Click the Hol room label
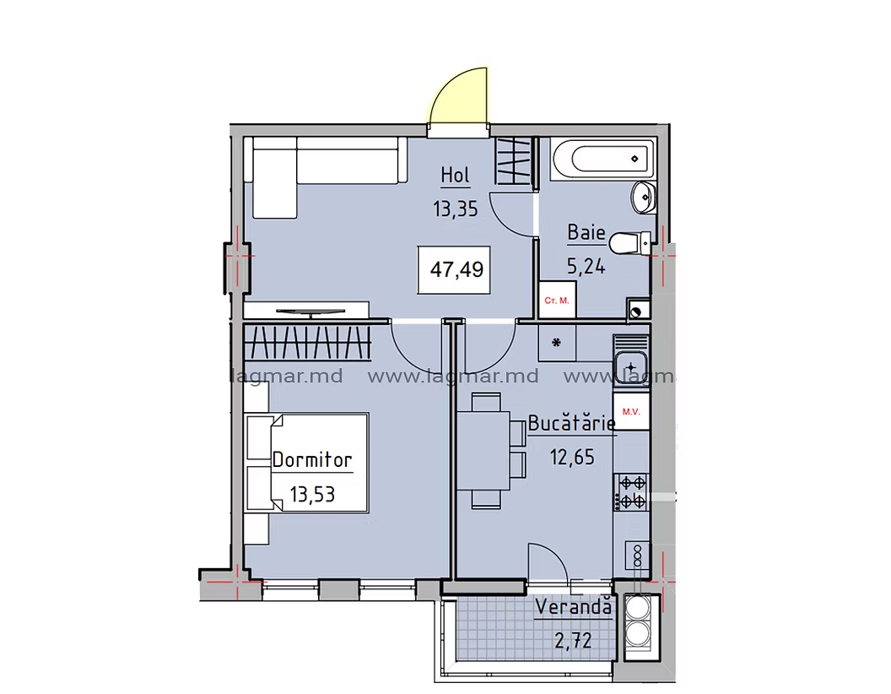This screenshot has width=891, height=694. [455, 175]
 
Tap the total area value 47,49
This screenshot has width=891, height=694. [456, 268]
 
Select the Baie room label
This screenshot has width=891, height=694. [586, 232]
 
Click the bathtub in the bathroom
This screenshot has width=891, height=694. [603, 160]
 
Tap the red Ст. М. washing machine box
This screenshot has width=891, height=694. [557, 300]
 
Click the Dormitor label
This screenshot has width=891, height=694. [312, 460]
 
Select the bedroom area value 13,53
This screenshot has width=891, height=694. [312, 495]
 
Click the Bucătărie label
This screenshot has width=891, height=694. [572, 424]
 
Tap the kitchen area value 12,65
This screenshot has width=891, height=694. [572, 457]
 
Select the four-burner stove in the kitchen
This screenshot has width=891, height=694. [631, 492]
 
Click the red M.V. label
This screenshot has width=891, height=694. [631, 411]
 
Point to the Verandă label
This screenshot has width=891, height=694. [574, 607]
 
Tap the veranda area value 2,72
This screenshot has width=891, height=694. [573, 642]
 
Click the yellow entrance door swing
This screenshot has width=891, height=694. [459, 95]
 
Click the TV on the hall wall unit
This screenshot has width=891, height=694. [310, 312]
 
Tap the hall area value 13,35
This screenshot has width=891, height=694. [455, 209]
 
